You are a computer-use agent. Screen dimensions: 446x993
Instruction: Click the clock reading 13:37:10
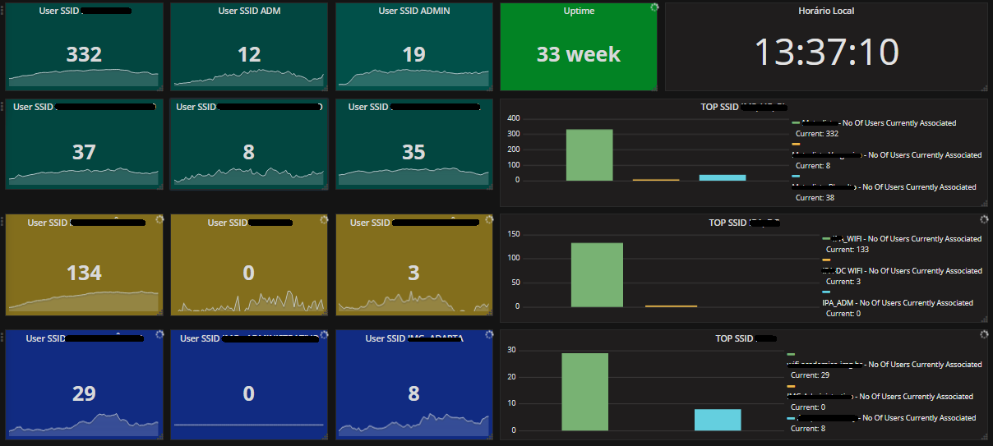coord(826,53)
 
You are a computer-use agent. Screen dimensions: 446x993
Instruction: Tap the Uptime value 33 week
coord(578,54)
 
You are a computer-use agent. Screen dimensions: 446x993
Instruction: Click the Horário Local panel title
coord(826,11)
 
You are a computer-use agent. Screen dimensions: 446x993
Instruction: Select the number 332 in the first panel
coord(84,54)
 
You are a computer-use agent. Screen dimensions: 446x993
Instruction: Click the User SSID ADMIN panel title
coord(413,11)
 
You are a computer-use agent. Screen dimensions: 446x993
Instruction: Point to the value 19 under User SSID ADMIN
coord(413,54)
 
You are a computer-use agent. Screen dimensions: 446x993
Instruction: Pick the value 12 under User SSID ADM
coord(249,54)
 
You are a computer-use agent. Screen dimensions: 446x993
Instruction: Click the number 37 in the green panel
coord(84,152)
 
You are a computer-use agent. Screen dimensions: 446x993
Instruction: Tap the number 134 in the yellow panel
coord(84,273)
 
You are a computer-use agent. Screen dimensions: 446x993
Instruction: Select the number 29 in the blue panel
coord(84,393)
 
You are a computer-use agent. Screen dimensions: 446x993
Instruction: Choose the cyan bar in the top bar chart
coord(722,177)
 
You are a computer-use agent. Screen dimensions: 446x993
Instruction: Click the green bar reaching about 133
coord(597,274)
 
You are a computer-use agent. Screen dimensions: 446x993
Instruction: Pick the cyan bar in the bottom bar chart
coord(717,419)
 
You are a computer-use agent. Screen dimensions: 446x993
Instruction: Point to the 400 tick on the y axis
coord(513,118)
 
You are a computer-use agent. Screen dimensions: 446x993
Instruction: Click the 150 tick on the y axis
coord(513,234)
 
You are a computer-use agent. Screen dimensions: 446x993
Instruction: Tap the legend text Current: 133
coord(848,250)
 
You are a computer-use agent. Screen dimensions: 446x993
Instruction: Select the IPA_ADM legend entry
coord(898,303)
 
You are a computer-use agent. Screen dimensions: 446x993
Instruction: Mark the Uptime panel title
coord(578,11)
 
